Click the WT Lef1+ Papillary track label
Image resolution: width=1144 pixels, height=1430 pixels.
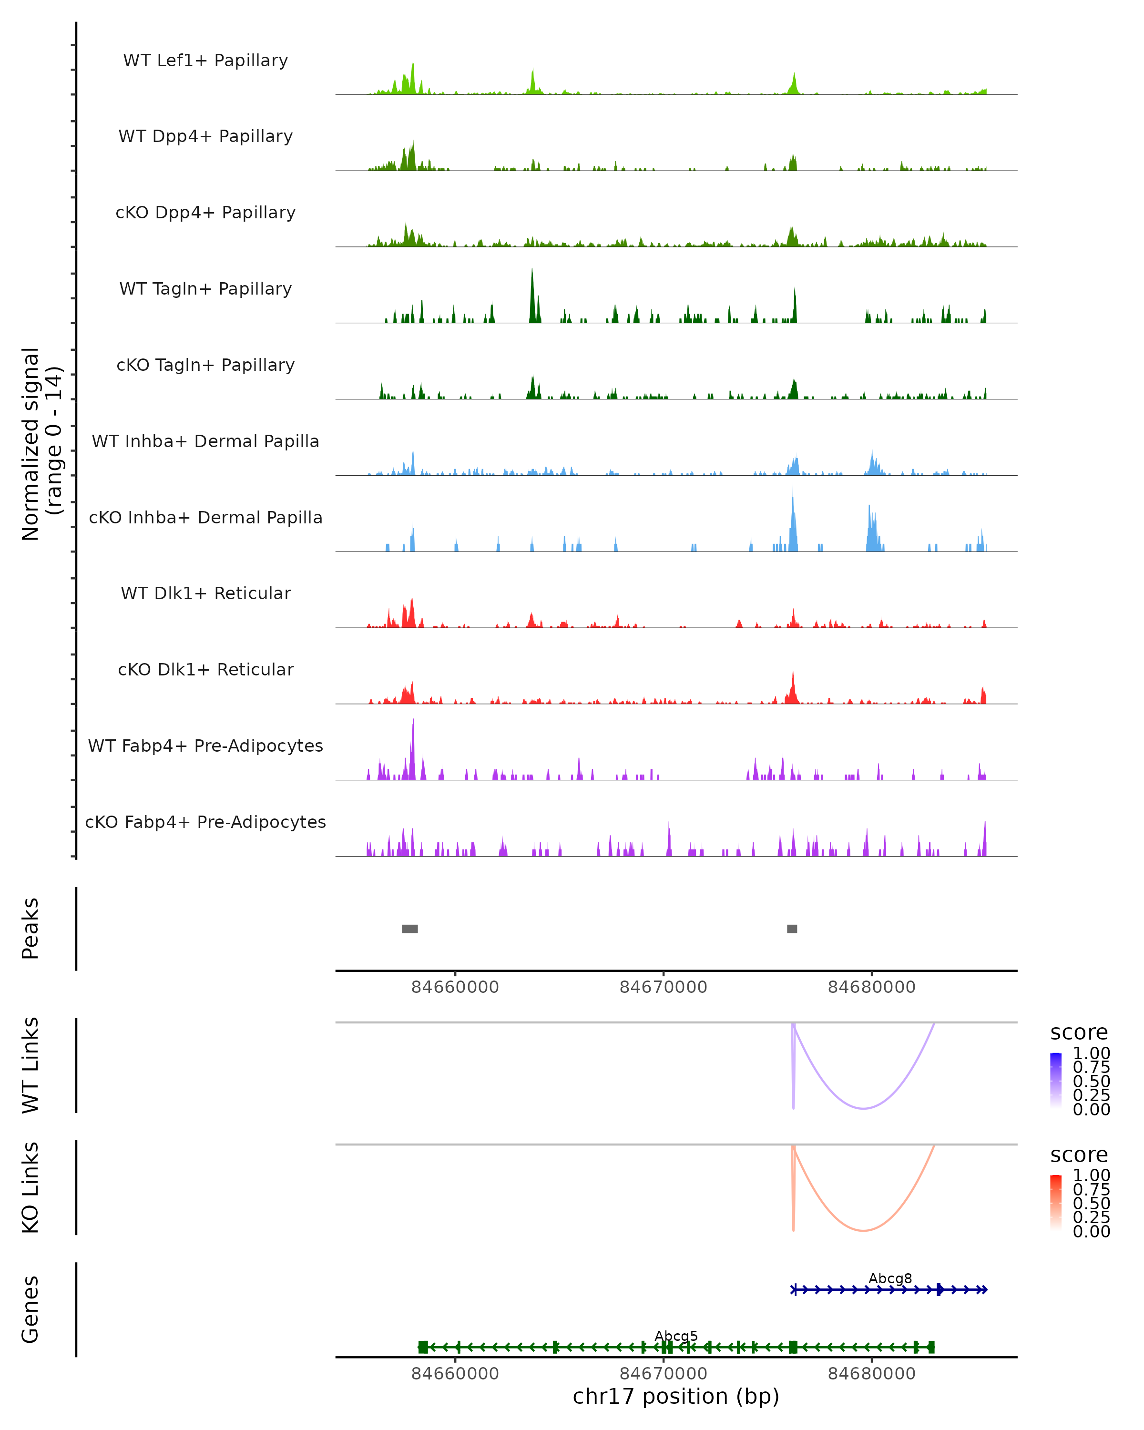pos(205,61)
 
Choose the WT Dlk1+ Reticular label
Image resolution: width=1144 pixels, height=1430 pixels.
pos(205,593)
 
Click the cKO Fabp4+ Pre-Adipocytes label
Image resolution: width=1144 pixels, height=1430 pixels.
pos(205,822)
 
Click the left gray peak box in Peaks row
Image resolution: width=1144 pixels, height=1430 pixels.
pos(410,929)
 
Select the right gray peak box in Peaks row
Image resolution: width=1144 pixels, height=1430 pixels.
pos(792,929)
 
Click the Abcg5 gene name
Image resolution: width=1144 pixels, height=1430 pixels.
pos(676,1336)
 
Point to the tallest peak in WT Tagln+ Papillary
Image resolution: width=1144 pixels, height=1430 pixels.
pos(532,272)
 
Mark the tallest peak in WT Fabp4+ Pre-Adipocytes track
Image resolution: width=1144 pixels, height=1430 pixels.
pos(413,722)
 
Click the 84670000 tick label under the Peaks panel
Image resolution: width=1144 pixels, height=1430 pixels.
pos(663,987)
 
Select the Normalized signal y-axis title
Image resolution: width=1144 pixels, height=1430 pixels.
pos(41,444)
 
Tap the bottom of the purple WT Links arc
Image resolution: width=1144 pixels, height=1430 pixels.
pos(863,1108)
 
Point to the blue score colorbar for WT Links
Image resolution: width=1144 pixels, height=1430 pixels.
pos(1056,1080)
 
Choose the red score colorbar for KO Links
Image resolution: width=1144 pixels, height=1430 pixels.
pos(1056,1202)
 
